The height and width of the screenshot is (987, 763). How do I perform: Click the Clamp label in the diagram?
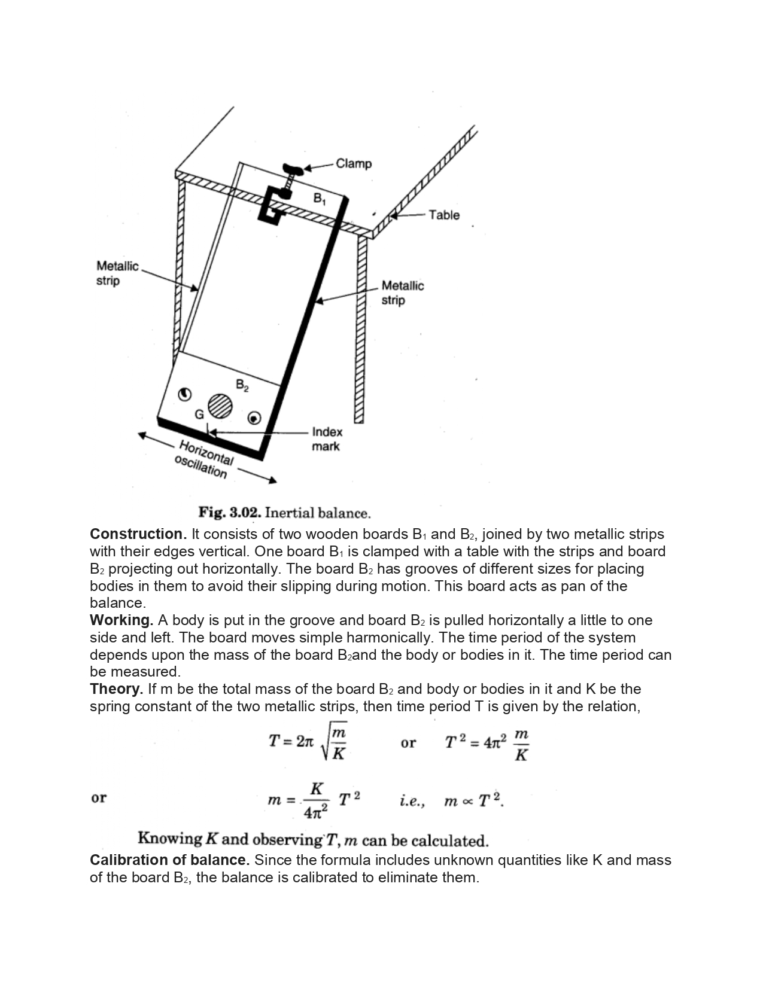pos(354,163)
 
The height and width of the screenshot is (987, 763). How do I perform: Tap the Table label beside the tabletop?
pos(444,215)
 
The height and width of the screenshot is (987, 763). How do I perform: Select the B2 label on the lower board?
pos(242,386)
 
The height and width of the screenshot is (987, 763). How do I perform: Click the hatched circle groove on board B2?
pos(220,406)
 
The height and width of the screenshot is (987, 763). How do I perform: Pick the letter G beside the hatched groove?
pos(199,414)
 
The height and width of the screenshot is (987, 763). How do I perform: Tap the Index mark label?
pos(327,439)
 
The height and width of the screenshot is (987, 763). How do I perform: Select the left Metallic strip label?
pos(117,273)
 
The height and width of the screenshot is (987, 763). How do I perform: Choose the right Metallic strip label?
pos(402,293)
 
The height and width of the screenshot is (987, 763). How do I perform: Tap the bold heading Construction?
pos(138,534)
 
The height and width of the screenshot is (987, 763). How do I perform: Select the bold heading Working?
pos(121,620)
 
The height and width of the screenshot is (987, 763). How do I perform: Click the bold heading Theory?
pos(116,689)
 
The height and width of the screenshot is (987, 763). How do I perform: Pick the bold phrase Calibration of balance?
pos(169,860)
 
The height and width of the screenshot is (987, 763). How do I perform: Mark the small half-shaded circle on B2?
pos(185,394)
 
